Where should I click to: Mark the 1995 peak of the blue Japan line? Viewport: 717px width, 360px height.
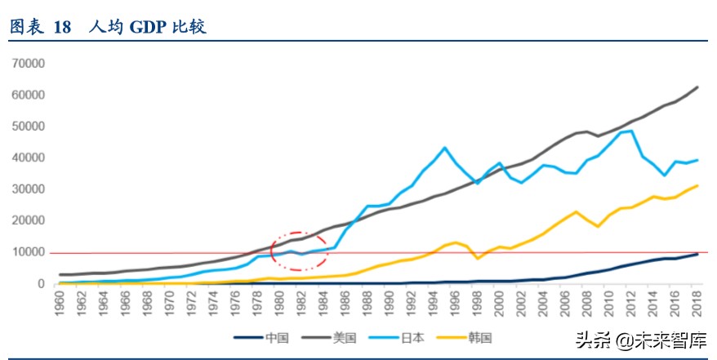444,148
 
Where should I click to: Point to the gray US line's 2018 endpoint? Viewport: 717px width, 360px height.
697,87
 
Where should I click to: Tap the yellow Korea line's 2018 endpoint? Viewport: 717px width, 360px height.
697,185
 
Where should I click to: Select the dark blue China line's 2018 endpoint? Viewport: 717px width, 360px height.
697,254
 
